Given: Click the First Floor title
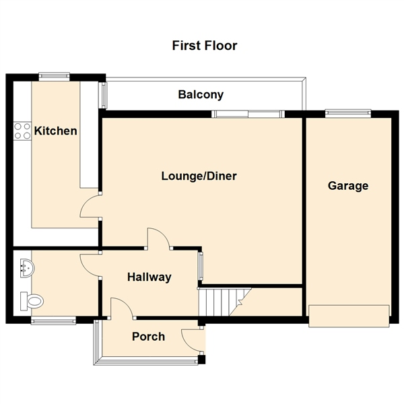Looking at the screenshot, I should (205, 46).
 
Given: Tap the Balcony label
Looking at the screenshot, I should (201, 95).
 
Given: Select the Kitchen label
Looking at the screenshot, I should (56, 131).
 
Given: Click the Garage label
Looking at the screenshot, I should (348, 186).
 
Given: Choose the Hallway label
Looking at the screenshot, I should (149, 277).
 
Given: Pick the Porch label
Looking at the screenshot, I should (148, 336).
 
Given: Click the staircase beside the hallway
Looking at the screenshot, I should (223, 300).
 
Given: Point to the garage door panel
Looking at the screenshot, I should (349, 316).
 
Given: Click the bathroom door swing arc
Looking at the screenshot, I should (90, 263).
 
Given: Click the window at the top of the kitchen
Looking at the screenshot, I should (55, 76).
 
